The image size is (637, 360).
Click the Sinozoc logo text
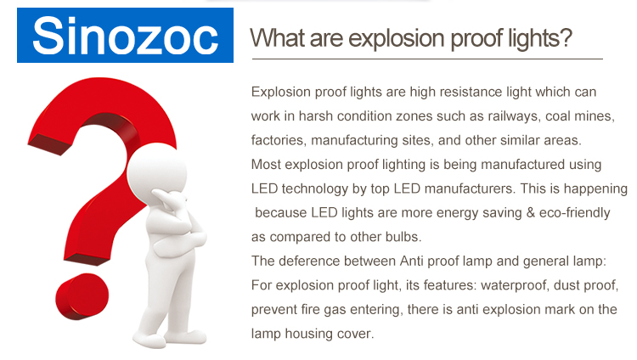125,36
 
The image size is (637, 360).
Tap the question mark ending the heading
564,38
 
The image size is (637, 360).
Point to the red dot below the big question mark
82,295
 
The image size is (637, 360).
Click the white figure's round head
157,172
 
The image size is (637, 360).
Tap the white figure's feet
170,338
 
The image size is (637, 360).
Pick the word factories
279,140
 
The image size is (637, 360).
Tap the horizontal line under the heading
427,59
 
